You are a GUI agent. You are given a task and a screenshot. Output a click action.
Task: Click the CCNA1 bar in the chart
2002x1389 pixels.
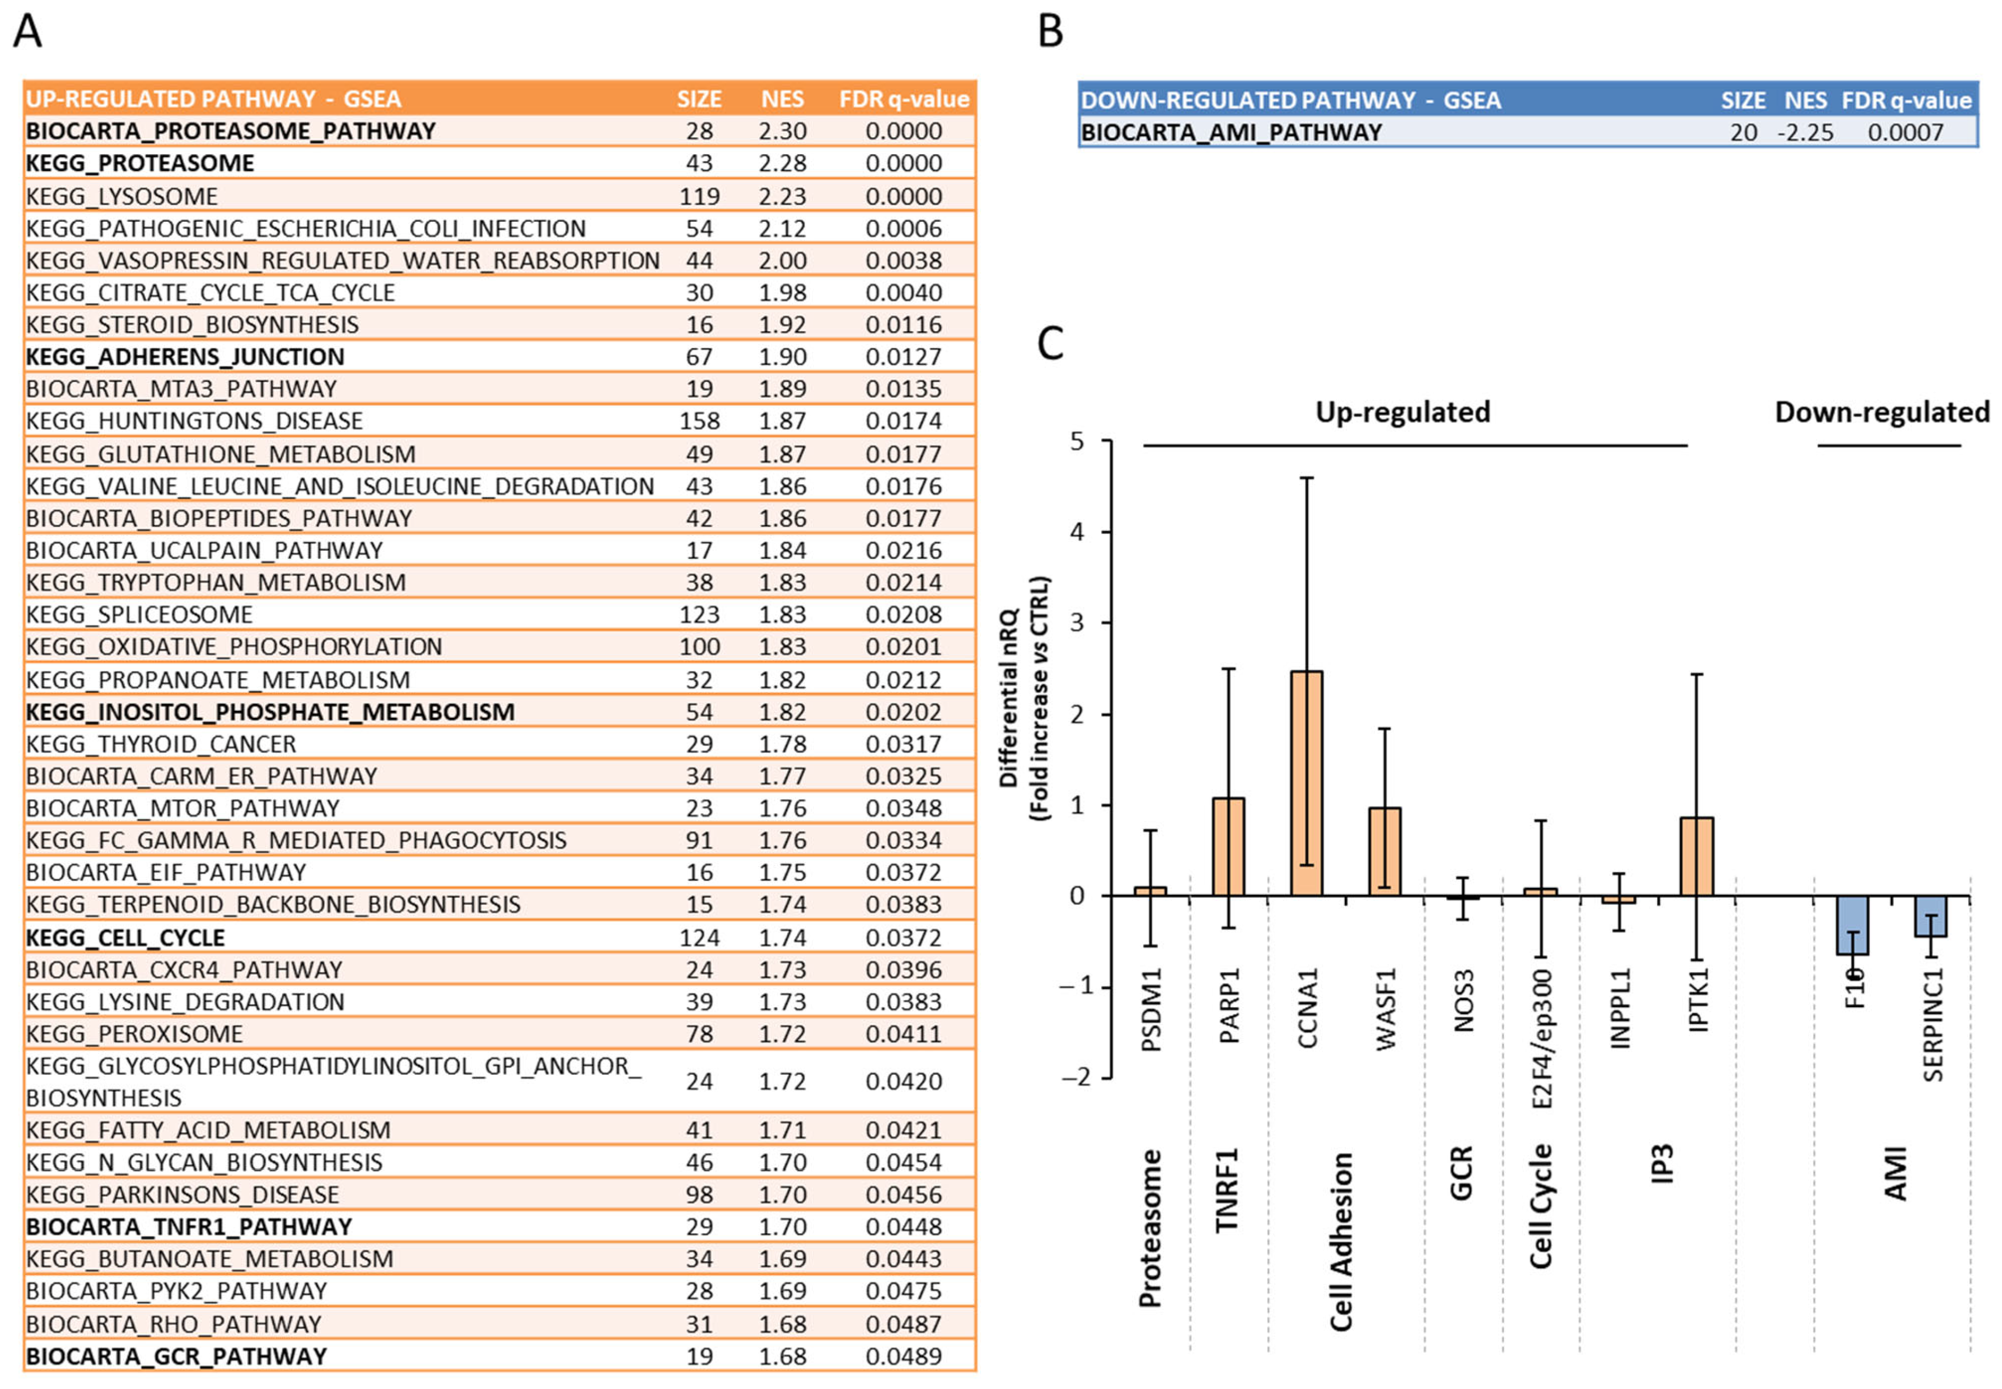(x=1306, y=783)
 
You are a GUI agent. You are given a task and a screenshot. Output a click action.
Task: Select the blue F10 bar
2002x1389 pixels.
(x=1853, y=924)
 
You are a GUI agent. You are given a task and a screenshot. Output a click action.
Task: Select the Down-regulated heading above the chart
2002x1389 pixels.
(x=1882, y=411)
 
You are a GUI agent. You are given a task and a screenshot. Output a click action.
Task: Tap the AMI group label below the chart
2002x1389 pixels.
(x=1895, y=1173)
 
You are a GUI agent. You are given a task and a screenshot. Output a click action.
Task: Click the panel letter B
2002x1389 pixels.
(x=1051, y=31)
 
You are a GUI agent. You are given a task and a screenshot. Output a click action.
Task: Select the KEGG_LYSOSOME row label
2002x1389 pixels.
(x=122, y=196)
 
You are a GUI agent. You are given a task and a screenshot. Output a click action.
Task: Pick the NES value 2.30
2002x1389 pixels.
(x=782, y=132)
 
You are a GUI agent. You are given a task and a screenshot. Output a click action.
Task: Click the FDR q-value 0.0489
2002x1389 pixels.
(x=903, y=1356)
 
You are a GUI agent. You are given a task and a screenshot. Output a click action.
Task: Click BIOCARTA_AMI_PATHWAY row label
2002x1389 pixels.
(x=1231, y=132)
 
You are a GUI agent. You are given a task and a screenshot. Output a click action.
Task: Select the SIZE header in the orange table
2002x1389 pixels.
(x=699, y=99)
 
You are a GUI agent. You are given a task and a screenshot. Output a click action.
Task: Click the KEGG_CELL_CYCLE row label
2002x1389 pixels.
(x=125, y=937)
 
